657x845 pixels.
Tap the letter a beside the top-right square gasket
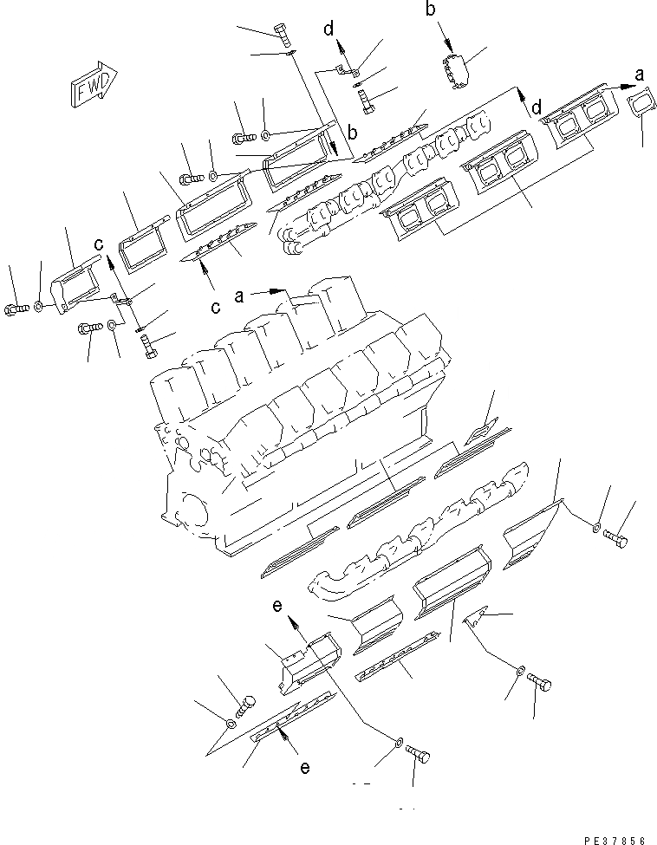[x=640, y=75]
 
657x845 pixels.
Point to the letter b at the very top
[x=431, y=10]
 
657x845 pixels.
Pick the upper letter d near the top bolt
[x=329, y=30]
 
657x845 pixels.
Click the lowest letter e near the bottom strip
[x=304, y=767]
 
